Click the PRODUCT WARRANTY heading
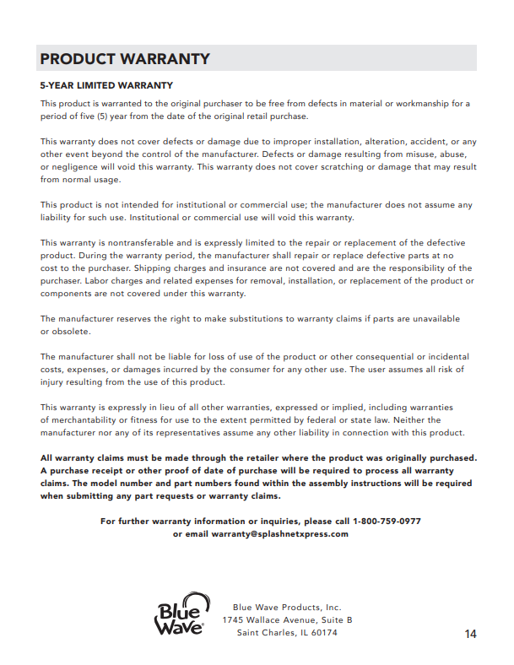pos(125,59)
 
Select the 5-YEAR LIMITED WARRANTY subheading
pos(106,85)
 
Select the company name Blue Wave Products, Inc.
pos(287,608)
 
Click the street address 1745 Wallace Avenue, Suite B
pos(287,620)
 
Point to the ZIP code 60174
pos(324,633)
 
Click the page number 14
pos(470,634)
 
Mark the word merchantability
pos(93,419)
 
